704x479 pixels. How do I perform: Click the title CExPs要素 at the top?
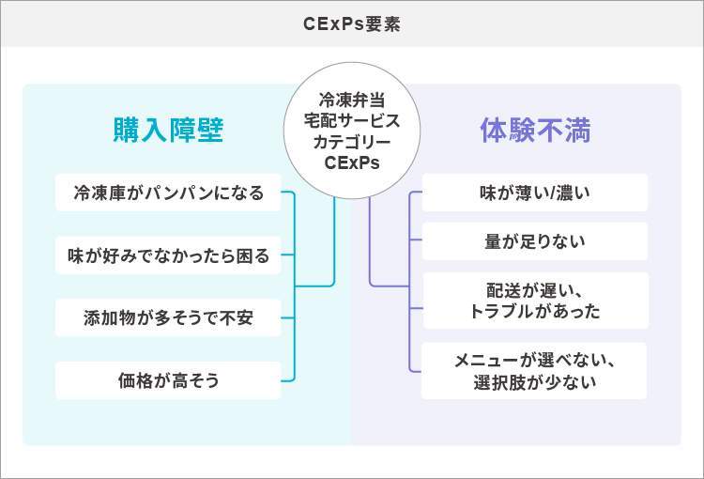click(352, 23)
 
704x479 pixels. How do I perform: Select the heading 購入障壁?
click(168, 130)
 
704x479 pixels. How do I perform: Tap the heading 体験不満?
click(535, 130)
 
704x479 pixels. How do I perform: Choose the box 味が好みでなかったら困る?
click(168, 255)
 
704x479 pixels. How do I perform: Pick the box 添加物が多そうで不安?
click(168, 317)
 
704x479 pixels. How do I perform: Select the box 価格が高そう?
click(168, 380)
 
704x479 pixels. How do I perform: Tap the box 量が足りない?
click(534, 241)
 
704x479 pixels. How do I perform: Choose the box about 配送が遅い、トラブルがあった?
click(534, 301)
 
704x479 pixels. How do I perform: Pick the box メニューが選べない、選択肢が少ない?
click(534, 371)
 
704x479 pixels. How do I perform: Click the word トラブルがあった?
click(534, 311)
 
